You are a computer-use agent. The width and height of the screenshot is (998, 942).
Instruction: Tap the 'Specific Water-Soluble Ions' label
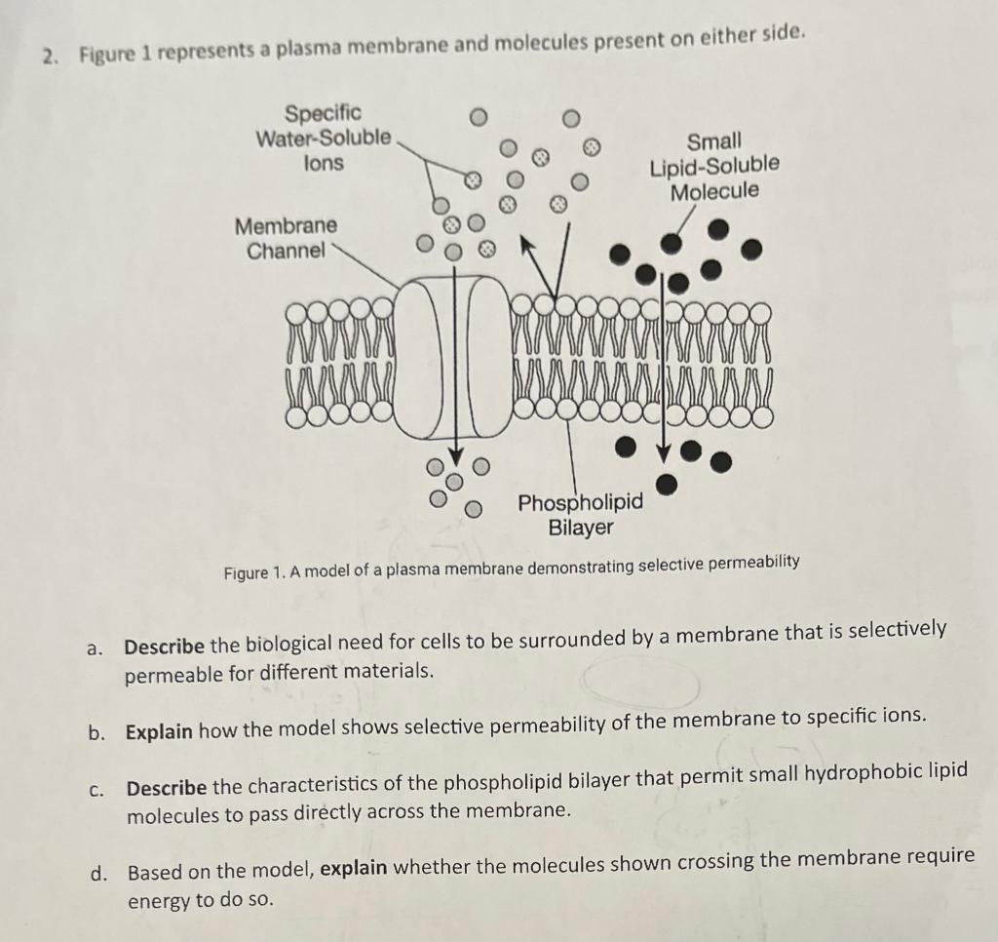(323, 137)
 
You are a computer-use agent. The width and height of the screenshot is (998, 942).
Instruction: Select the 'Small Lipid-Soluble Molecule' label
(714, 166)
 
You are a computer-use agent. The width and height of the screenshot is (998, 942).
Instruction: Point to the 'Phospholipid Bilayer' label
(581, 515)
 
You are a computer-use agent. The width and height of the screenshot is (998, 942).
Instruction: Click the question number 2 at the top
(47, 57)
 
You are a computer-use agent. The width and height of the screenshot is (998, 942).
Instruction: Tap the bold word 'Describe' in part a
(165, 646)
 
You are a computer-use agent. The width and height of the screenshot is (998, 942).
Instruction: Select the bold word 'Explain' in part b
(159, 731)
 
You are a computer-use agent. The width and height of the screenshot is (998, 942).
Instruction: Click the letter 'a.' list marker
(95, 648)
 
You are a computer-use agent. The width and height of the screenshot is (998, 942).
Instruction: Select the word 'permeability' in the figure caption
(750, 562)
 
